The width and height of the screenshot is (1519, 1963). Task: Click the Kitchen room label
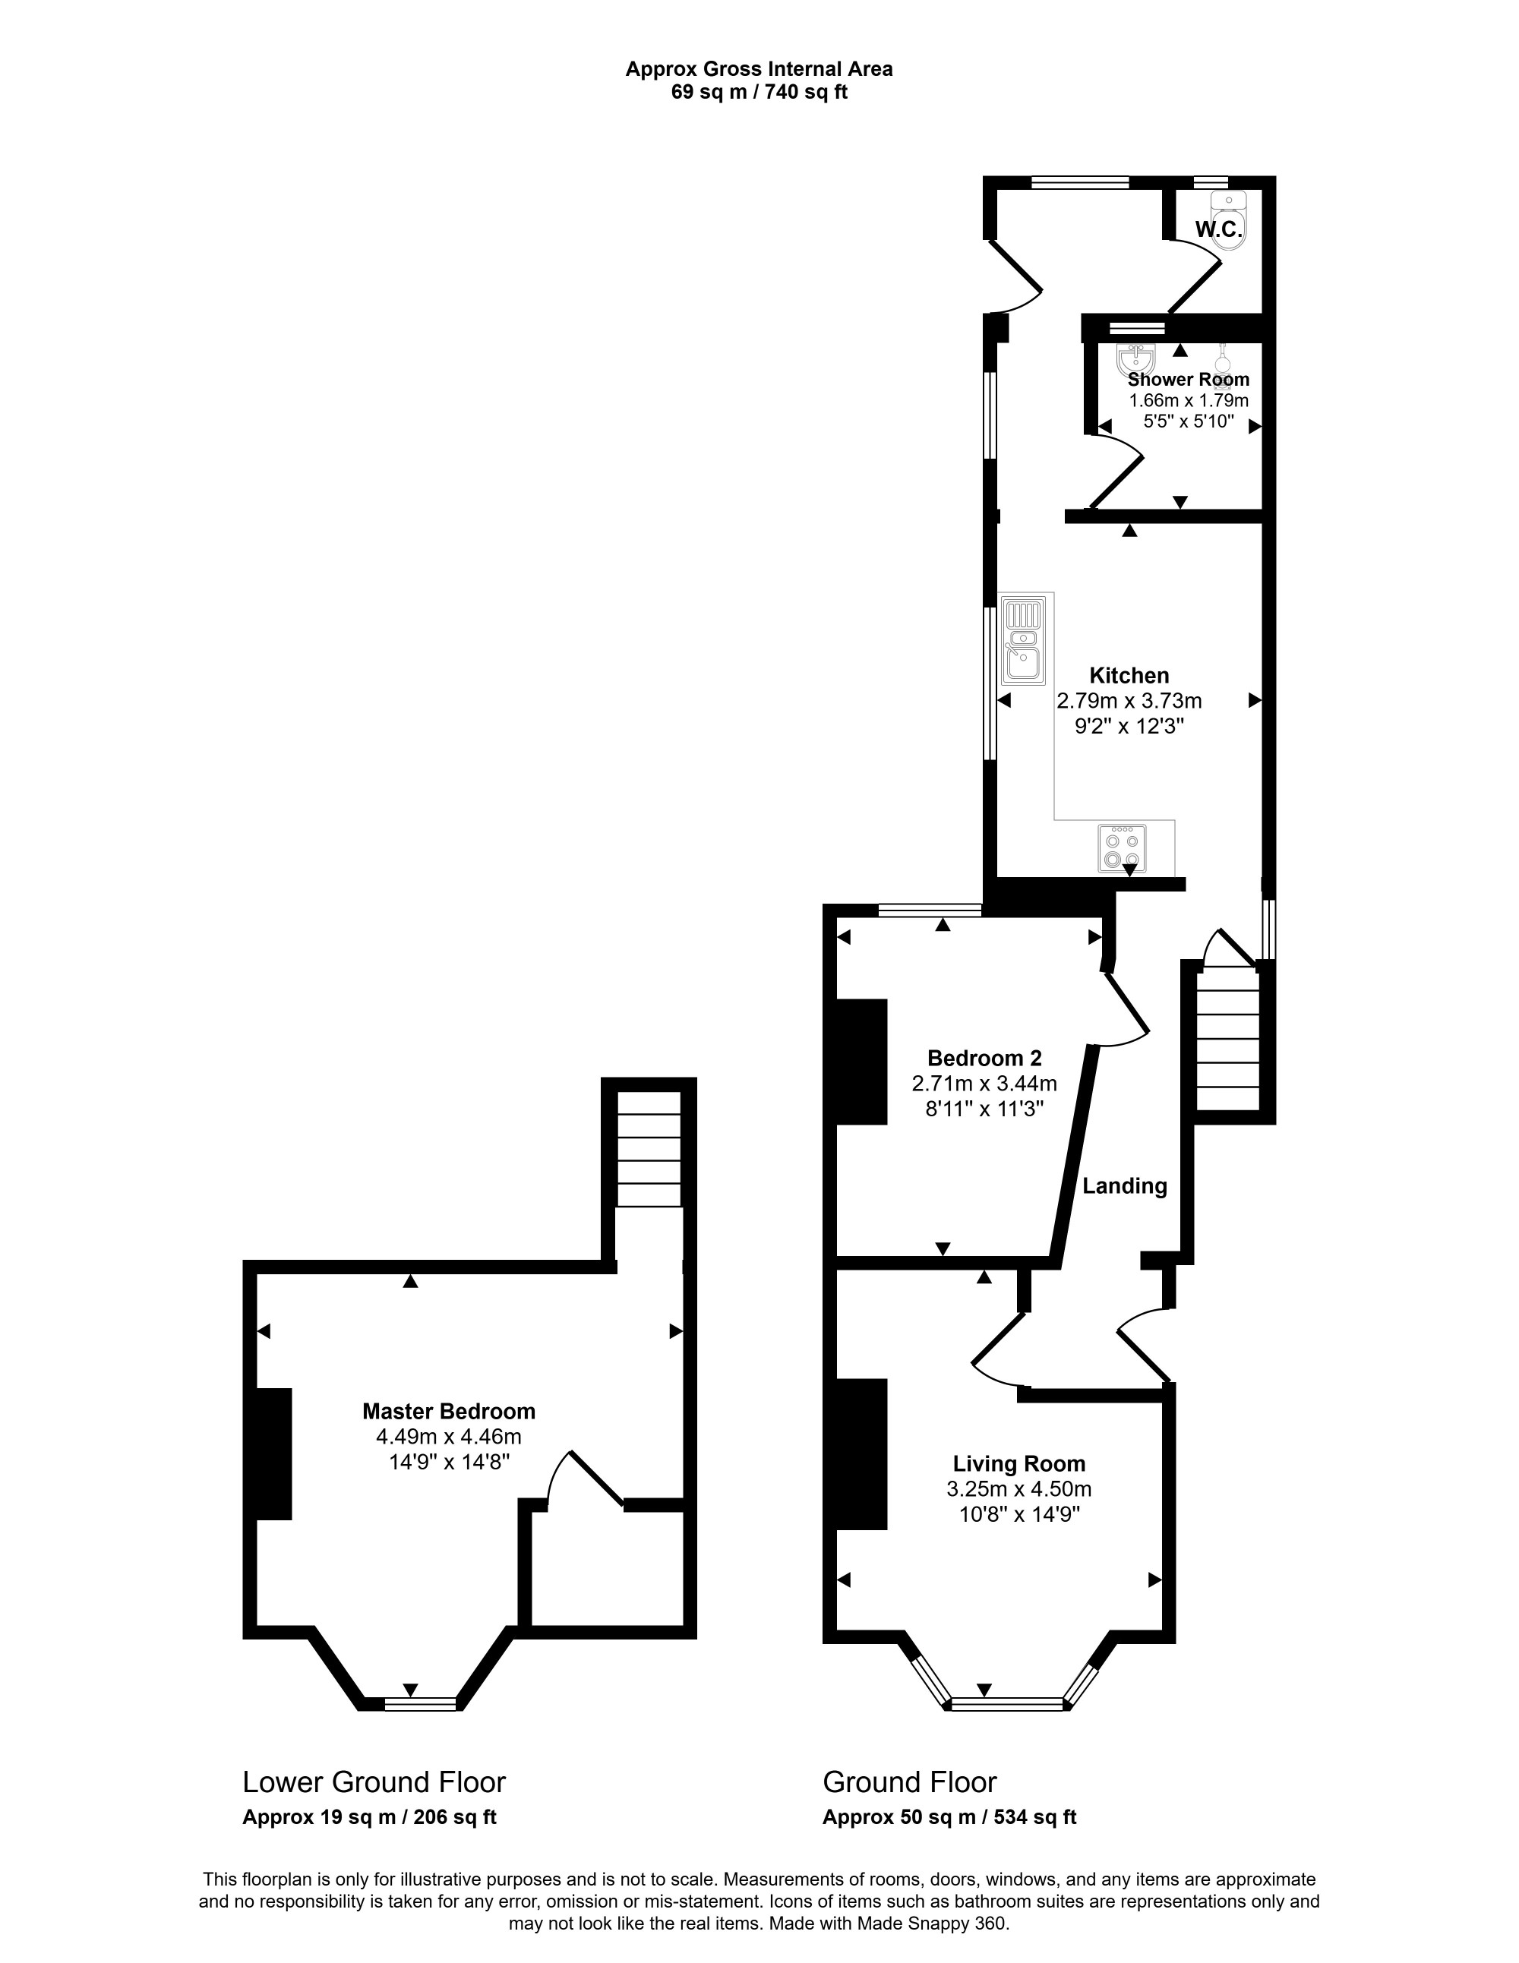pyautogui.click(x=1129, y=675)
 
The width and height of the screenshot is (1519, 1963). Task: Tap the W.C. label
pyautogui.click(x=1219, y=229)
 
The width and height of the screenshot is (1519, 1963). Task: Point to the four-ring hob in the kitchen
pyautogui.click(x=1122, y=848)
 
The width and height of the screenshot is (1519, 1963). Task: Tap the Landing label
pyautogui.click(x=1124, y=1185)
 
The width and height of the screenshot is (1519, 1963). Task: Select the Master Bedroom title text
pyautogui.click(x=449, y=1411)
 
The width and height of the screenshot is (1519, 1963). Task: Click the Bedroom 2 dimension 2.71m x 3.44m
pyautogui.click(x=984, y=1084)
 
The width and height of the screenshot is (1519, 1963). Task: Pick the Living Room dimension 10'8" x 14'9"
pyautogui.click(x=1019, y=1514)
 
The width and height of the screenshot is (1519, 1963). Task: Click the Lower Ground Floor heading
pyautogui.click(x=374, y=1782)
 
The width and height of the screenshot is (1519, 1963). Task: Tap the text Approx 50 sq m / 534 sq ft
pyautogui.click(x=949, y=1816)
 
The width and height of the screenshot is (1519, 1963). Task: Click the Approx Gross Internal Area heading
pyautogui.click(x=759, y=69)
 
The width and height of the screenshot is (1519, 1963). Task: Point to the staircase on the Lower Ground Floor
pyautogui.click(x=648, y=1149)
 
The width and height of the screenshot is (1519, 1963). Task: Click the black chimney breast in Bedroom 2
pyautogui.click(x=861, y=1062)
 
